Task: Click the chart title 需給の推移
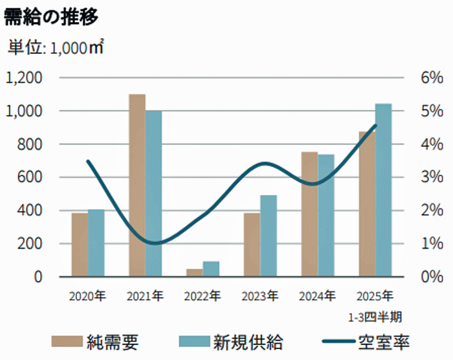point(51,17)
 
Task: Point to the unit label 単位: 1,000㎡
point(56,47)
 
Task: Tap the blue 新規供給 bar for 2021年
point(153,194)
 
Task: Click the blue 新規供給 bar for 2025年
point(384,190)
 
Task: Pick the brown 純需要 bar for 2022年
point(194,273)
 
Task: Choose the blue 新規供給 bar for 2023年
point(269,236)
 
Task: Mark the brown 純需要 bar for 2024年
point(309,214)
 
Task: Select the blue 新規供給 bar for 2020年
point(96,243)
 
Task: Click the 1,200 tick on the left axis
point(24,78)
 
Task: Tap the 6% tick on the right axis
point(430,78)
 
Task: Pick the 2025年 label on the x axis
point(375,297)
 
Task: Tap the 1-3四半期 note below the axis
point(375,317)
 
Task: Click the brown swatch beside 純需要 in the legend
point(66,342)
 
